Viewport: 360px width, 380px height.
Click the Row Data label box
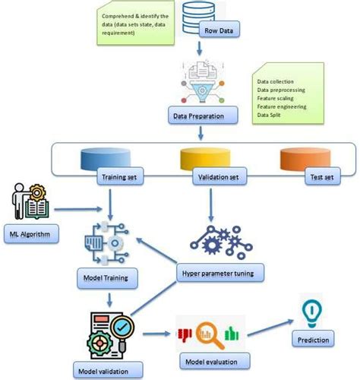coord(219,30)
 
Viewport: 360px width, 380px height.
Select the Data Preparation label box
coord(203,116)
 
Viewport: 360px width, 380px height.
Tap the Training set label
coord(120,176)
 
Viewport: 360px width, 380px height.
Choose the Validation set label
coord(219,176)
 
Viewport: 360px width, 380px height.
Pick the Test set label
coord(322,176)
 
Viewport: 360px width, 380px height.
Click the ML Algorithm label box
coord(31,234)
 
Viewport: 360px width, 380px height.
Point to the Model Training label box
coord(107,278)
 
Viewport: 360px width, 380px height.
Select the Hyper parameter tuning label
coord(220,273)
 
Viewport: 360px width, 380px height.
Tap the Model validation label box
coord(108,371)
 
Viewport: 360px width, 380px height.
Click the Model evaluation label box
coord(215,361)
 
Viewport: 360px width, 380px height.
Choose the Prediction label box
coord(313,339)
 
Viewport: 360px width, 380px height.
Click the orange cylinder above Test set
coord(305,159)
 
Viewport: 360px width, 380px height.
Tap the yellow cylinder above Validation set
coord(205,159)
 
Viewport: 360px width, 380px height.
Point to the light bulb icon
coord(312,313)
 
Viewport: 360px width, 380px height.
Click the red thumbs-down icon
coord(185,335)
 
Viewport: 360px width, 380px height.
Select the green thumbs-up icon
coord(232,333)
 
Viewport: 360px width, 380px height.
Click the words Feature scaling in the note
coord(275,98)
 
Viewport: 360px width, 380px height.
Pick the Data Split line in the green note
coord(269,115)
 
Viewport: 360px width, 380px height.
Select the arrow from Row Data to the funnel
coord(200,48)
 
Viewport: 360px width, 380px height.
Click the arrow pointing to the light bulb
coord(270,328)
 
